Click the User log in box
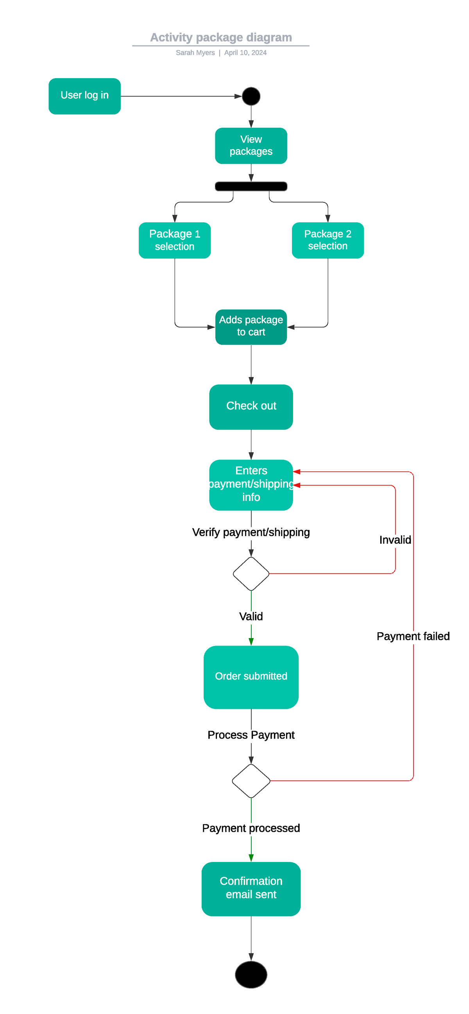tap(84, 96)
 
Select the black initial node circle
tap(251, 96)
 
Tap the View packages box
tap(251, 146)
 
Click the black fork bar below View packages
tap(251, 186)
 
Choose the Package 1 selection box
tap(174, 240)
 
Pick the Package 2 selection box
tap(327, 240)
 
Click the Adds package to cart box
tap(251, 327)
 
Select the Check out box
tap(251, 407)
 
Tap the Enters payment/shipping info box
tap(251, 485)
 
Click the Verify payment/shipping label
tap(251, 532)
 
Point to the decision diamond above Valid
tap(251, 574)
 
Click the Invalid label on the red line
tap(395, 540)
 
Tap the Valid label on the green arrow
tap(251, 616)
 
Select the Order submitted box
tap(251, 677)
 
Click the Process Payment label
tap(251, 735)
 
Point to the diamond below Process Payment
tap(251, 781)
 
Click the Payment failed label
tap(413, 636)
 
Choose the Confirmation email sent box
tap(251, 889)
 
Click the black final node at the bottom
tap(251, 974)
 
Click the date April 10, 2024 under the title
tap(245, 53)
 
